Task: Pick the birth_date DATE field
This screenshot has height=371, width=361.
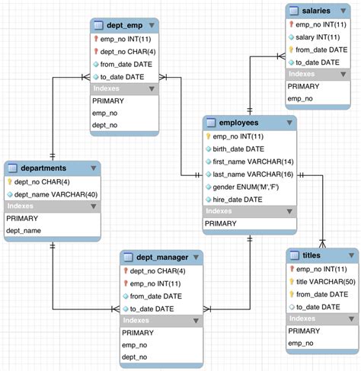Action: (241, 149)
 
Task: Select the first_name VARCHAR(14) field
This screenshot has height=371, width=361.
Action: (252, 162)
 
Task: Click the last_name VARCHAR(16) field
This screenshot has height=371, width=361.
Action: (252, 174)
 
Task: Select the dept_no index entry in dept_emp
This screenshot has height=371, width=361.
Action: (104, 125)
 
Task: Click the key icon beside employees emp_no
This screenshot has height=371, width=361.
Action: (207, 136)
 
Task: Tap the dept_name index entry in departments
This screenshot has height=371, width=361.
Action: (23, 230)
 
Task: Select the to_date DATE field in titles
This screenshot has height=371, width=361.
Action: (318, 306)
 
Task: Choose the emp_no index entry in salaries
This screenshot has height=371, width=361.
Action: (300, 98)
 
